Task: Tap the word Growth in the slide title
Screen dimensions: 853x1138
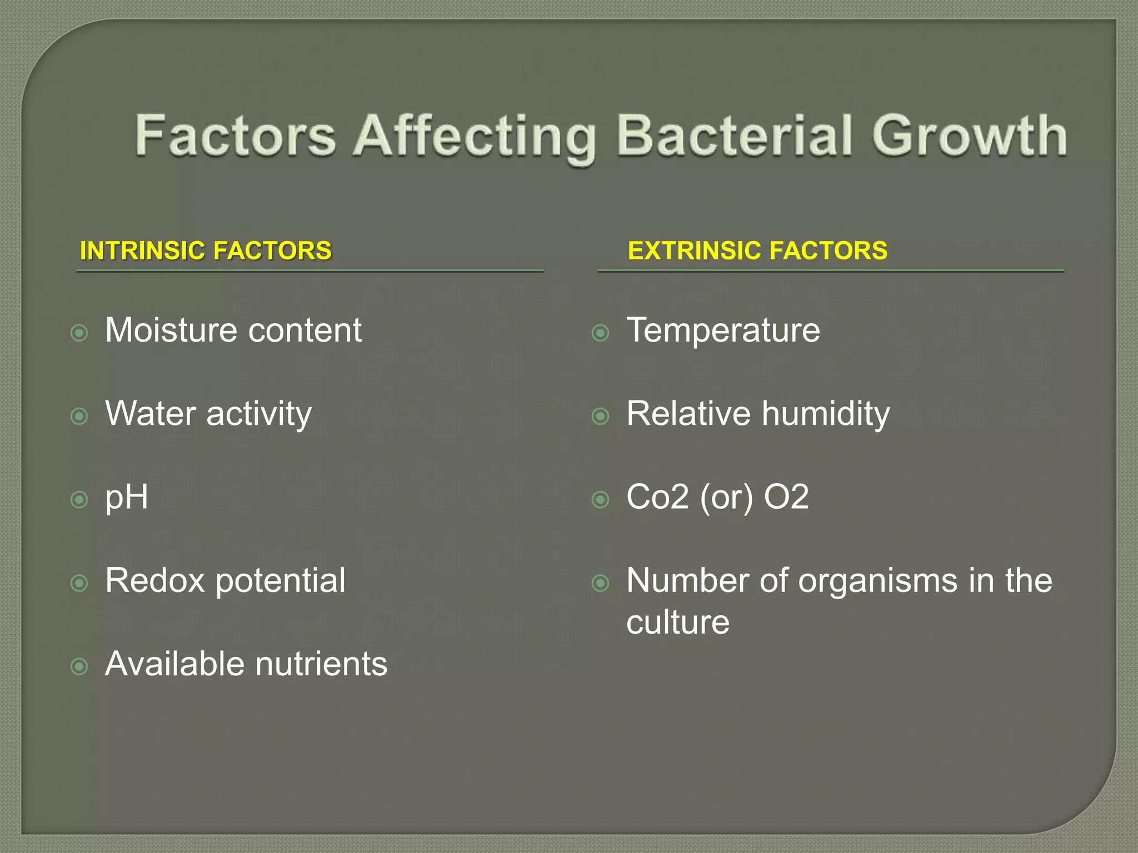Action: (x=969, y=136)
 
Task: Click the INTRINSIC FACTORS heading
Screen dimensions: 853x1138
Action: (x=206, y=250)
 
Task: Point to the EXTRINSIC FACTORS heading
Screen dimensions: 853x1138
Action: (x=757, y=250)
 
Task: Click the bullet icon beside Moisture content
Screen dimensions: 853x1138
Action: (x=79, y=333)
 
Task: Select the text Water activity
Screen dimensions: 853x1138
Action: (x=208, y=414)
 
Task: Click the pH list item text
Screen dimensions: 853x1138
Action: (x=127, y=498)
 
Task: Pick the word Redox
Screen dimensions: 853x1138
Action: (x=155, y=581)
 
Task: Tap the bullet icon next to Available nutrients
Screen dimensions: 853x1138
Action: (x=79, y=666)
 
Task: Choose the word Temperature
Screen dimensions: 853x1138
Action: (x=723, y=332)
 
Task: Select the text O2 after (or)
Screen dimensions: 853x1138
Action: (x=786, y=497)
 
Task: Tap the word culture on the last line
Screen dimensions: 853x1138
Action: (x=677, y=622)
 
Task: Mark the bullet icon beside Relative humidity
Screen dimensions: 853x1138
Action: (x=601, y=416)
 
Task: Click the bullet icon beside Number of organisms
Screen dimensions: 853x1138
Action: (x=601, y=583)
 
